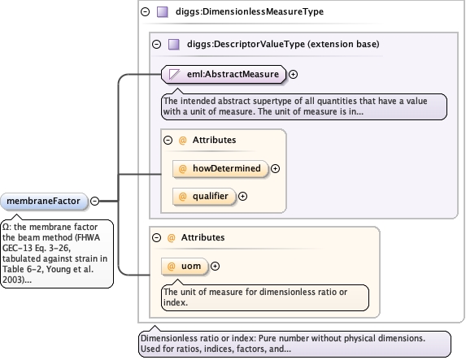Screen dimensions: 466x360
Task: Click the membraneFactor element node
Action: tap(44, 201)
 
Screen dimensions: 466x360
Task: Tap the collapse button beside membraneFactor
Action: tap(94, 201)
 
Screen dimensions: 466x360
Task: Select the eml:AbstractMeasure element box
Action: tap(224, 74)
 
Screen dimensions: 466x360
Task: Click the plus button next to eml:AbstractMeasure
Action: tap(293, 74)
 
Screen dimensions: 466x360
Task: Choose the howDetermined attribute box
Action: tap(220, 168)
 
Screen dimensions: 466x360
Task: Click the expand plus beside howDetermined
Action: tap(275, 169)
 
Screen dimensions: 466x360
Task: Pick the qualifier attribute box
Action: tap(204, 196)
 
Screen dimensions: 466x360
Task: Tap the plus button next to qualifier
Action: tap(243, 197)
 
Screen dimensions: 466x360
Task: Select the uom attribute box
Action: tap(185, 266)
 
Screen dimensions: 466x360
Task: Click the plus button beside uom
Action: tap(215, 266)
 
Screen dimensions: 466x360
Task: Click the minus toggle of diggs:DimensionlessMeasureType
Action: tap(145, 11)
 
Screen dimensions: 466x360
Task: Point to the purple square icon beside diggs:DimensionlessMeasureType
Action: tap(163, 12)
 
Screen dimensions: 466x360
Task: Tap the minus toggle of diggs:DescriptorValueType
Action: tap(156, 44)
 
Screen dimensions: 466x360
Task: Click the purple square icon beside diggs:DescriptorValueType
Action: tap(174, 44)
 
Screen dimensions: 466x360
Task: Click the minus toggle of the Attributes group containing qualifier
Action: tap(168, 140)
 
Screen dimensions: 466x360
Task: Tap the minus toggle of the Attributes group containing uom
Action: tap(156, 237)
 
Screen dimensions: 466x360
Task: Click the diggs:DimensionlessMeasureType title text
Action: tap(250, 11)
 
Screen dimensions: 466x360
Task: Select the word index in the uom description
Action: tap(175, 302)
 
